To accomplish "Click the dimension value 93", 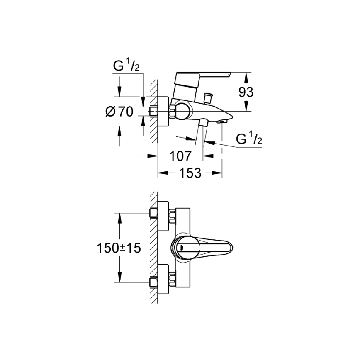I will pyautogui.click(x=246, y=92).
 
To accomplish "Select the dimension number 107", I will pyautogui.click(x=180, y=156).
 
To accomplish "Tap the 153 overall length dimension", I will pyautogui.click(x=190, y=173).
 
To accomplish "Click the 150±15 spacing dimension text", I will pyautogui.click(x=119, y=248).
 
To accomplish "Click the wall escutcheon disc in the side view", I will pyautogui.click(x=163, y=112).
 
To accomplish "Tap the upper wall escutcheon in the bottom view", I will pyautogui.click(x=163, y=214).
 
